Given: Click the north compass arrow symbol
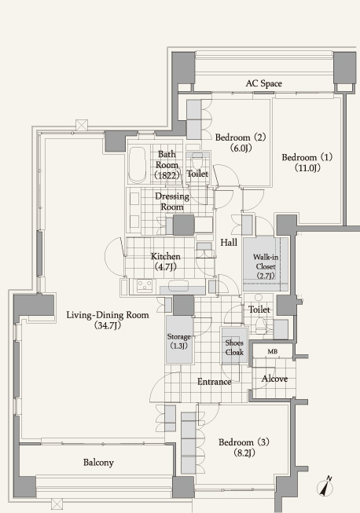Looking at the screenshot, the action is click(x=325, y=487).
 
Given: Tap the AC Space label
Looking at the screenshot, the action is click(x=264, y=83).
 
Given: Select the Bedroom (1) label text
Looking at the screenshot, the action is click(x=307, y=163).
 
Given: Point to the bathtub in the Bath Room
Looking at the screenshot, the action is click(x=137, y=164).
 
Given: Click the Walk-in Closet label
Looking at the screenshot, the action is click(x=266, y=266).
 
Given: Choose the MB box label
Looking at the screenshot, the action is click(x=273, y=351).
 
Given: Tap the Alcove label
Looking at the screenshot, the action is click(x=274, y=379).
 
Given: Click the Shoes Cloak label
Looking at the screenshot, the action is click(x=234, y=347).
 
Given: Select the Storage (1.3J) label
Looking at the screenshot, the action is click(x=178, y=341).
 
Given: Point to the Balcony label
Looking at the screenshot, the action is click(x=98, y=462).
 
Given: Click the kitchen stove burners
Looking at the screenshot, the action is click(x=145, y=286).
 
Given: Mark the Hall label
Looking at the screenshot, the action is click(x=229, y=243).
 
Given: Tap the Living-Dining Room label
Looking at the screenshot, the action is click(x=108, y=320).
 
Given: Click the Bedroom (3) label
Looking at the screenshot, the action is click(x=244, y=447).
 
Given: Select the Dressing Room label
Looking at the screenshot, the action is click(x=172, y=202).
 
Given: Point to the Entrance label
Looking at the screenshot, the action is click(x=215, y=382).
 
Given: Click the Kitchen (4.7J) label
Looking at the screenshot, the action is click(x=166, y=262).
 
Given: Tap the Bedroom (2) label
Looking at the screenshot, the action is click(x=241, y=142).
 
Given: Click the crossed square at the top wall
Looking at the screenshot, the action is click(x=82, y=126).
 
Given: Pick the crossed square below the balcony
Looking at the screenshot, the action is click(x=57, y=504).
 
